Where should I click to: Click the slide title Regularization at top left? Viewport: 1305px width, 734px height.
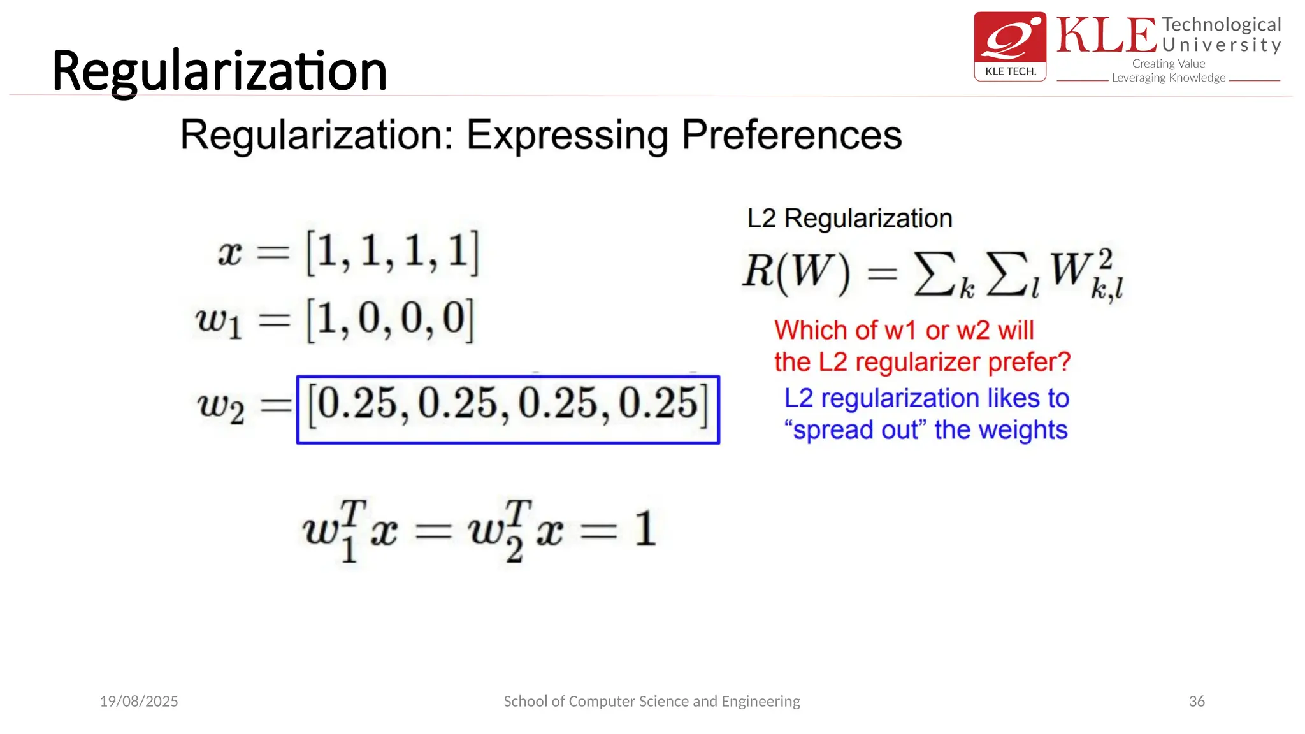click(x=219, y=71)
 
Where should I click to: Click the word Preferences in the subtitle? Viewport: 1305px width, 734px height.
click(x=791, y=135)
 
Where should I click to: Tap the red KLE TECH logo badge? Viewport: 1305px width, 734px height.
click(x=1010, y=46)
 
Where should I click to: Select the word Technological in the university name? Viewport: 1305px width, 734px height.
click(x=1221, y=25)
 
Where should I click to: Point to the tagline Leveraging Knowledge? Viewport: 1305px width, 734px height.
click(x=1168, y=78)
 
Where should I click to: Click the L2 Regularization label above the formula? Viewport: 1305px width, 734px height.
click(x=849, y=219)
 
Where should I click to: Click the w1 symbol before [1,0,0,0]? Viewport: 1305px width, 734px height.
click(x=219, y=320)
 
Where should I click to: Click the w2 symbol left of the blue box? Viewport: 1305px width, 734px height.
click(x=220, y=406)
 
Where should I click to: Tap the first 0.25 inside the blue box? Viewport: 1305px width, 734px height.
click(x=357, y=405)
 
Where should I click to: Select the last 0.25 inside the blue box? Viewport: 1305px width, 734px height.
click(x=658, y=405)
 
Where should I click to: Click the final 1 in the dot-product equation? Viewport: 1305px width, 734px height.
click(x=645, y=529)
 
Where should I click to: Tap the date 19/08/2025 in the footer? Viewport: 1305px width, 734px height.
click(x=139, y=701)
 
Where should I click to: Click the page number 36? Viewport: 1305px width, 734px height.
click(x=1197, y=701)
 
